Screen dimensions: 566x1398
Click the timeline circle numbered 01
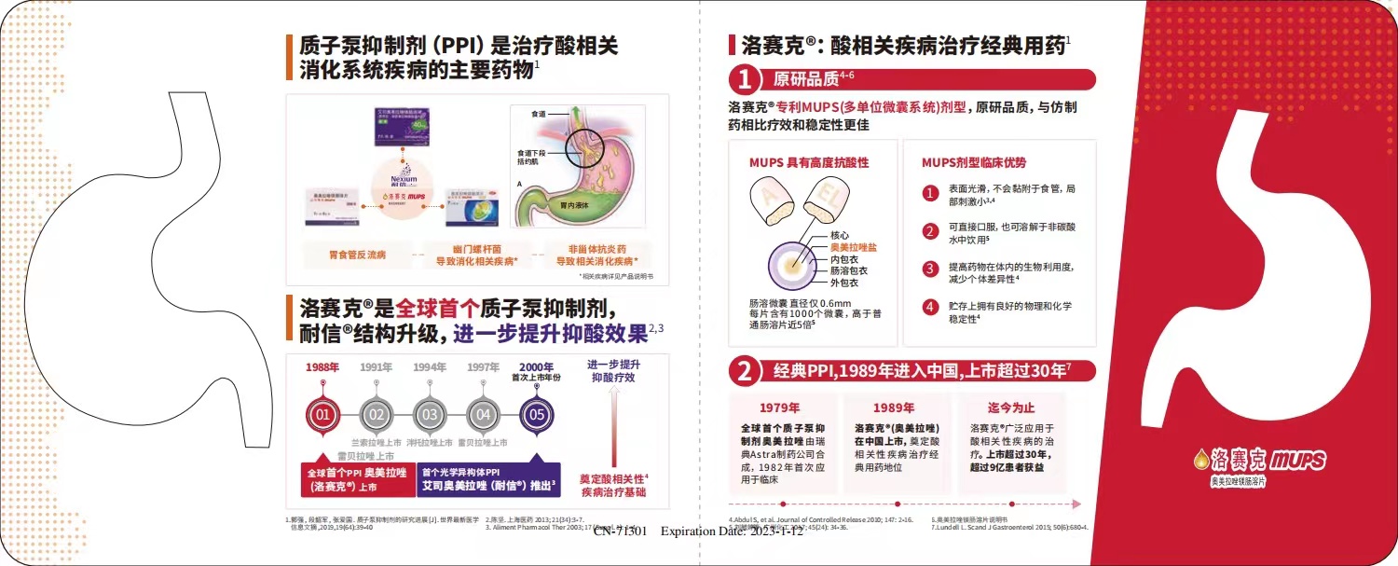pos(322,413)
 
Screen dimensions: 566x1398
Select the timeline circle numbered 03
pos(430,413)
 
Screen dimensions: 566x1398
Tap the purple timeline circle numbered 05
pos(537,413)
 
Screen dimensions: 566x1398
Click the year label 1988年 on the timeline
pos(322,366)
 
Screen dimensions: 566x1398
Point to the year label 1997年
pos(483,366)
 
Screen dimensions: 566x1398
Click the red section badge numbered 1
pos(745,78)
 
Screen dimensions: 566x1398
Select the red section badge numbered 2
pos(745,371)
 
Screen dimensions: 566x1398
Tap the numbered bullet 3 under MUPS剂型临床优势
pos(929,269)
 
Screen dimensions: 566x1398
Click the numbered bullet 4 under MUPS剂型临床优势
pos(929,307)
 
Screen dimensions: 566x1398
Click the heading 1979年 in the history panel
pos(780,407)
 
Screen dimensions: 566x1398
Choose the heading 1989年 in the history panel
pos(893,407)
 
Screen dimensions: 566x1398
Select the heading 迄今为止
pos(1011,407)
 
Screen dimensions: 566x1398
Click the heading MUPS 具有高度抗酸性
pos(809,162)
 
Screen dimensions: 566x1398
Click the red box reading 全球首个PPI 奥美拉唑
pos(356,479)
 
